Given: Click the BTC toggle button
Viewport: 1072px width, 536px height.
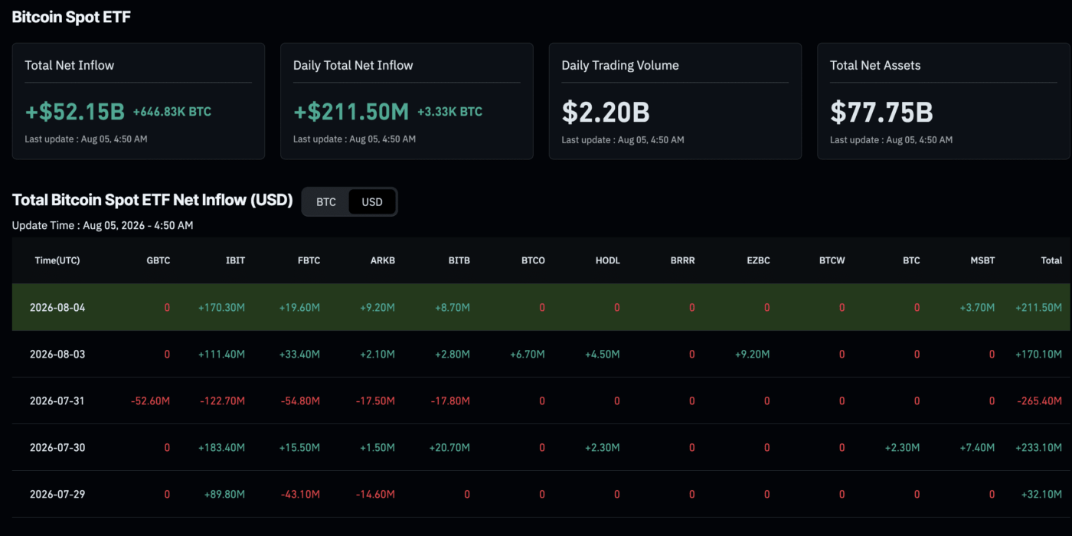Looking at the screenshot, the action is [x=326, y=202].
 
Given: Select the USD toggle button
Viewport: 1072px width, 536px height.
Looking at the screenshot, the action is [x=372, y=202].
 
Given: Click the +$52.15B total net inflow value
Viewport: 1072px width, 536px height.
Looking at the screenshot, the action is [x=75, y=112].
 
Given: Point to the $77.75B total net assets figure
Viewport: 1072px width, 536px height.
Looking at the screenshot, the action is [x=881, y=112].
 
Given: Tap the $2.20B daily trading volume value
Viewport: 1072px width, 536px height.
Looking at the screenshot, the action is [x=606, y=112].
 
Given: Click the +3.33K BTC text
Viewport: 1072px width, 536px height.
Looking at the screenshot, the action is [x=450, y=112].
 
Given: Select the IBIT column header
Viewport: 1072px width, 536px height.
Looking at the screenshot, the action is [x=235, y=260].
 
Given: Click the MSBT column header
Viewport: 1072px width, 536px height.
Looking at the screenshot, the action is [x=982, y=260].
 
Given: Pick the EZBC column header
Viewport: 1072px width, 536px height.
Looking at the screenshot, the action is [x=758, y=260].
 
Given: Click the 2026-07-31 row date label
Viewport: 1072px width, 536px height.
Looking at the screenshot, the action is [x=57, y=401].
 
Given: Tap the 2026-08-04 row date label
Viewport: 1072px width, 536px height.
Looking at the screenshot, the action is [x=57, y=308].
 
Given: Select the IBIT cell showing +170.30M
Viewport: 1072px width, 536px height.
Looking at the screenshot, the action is [x=221, y=308].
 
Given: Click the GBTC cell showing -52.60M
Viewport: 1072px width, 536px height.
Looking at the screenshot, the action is [x=150, y=401].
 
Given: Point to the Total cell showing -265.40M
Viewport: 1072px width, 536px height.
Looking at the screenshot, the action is [x=1040, y=401].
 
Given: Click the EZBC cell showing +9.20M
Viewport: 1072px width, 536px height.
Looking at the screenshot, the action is [x=752, y=354].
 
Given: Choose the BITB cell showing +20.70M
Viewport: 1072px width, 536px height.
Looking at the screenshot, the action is [x=449, y=447].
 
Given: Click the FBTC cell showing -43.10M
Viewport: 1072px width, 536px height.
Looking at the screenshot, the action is [x=300, y=495].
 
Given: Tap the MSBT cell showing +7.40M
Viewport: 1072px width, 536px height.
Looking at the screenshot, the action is [x=977, y=447].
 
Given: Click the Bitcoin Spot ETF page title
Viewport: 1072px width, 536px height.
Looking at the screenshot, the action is [x=71, y=17].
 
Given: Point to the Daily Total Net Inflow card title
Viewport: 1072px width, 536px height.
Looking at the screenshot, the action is [x=353, y=65].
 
